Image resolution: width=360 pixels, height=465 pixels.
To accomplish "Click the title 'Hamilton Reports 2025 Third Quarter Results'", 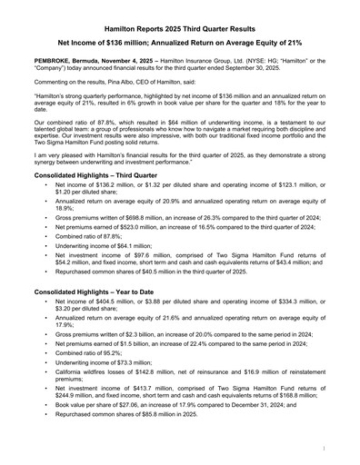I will (x=180, y=29).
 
